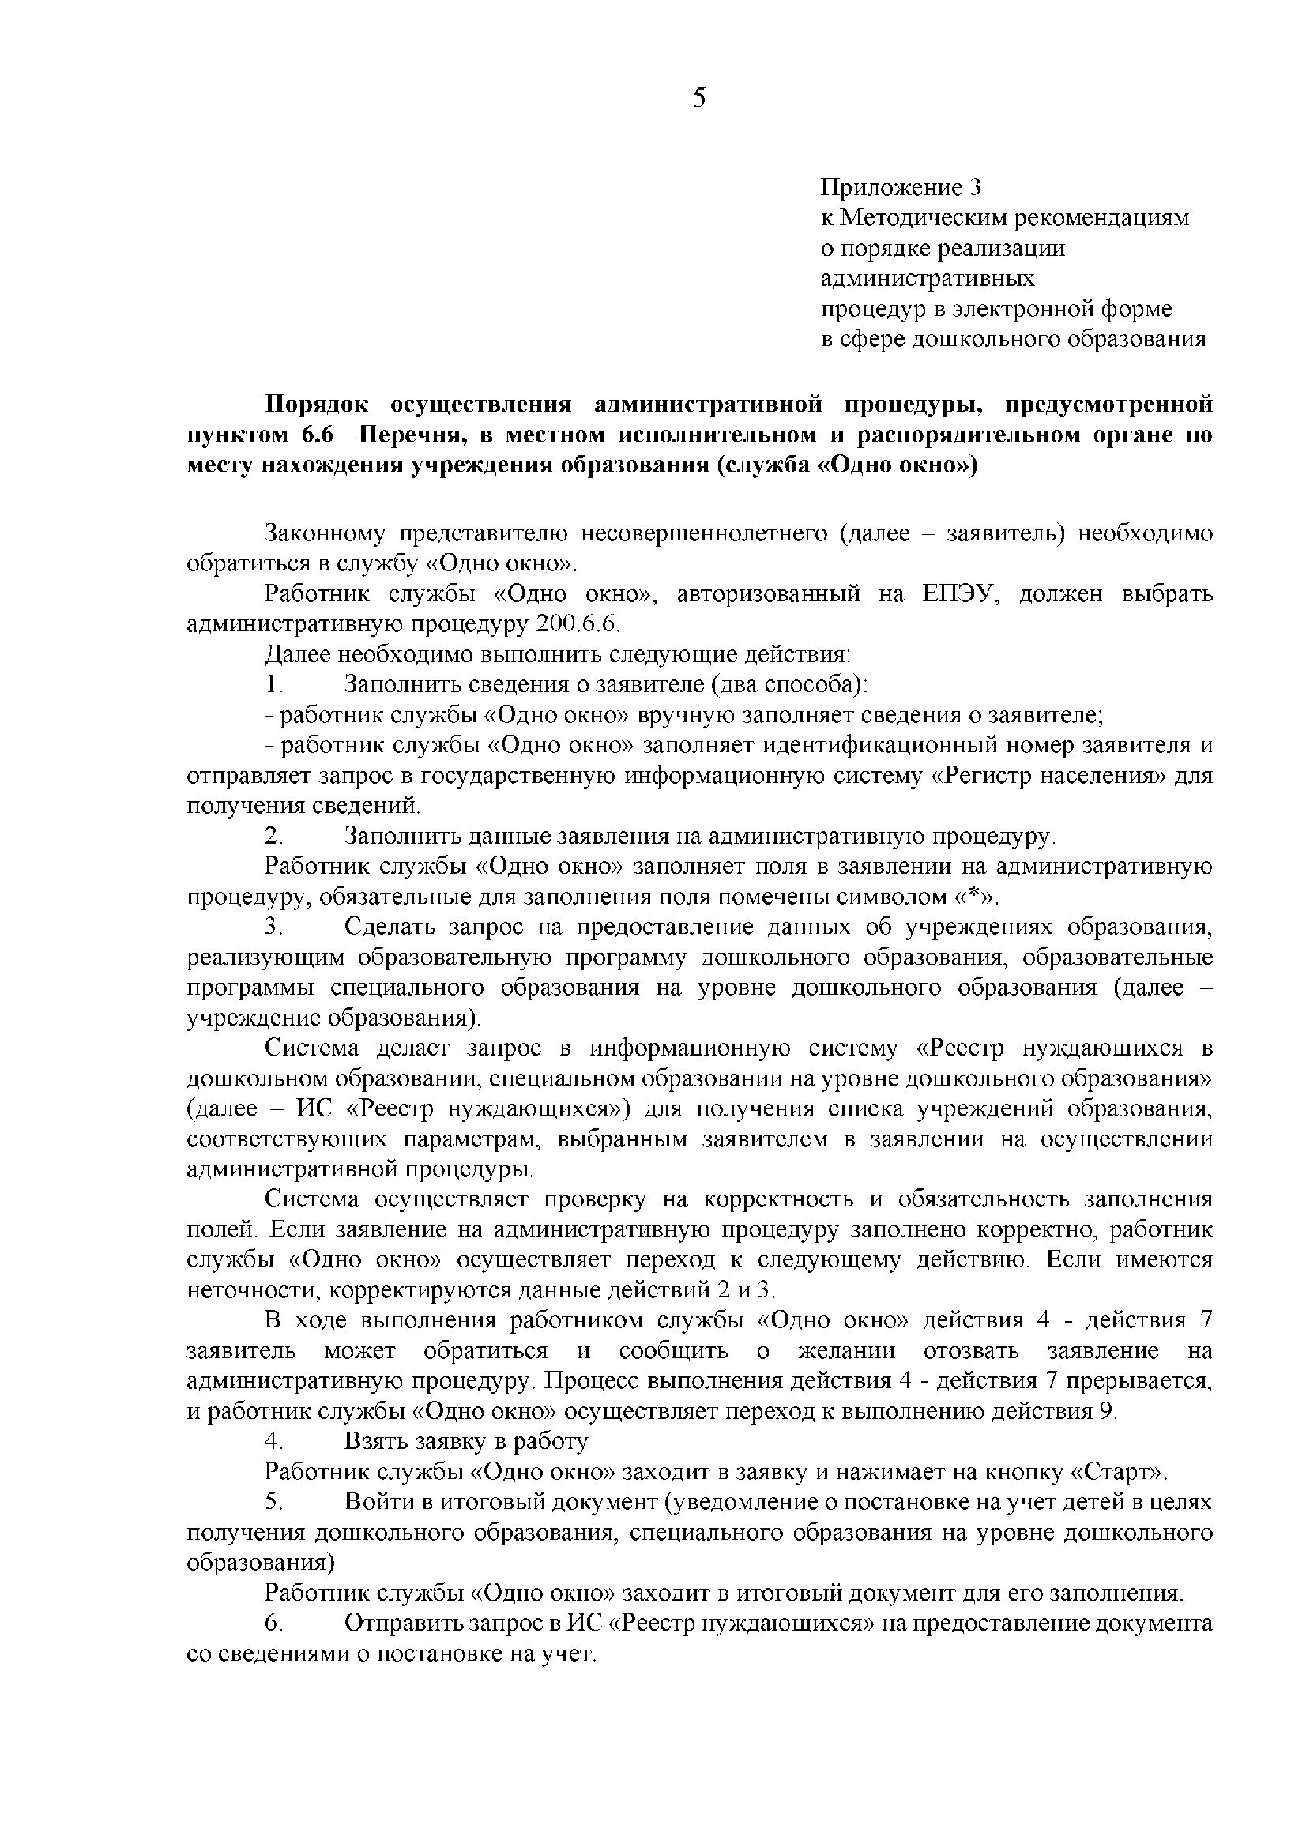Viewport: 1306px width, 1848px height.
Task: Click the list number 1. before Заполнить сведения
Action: point(274,685)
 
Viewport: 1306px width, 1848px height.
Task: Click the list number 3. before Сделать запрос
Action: point(274,928)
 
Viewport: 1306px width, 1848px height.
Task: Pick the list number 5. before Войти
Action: point(274,1502)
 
